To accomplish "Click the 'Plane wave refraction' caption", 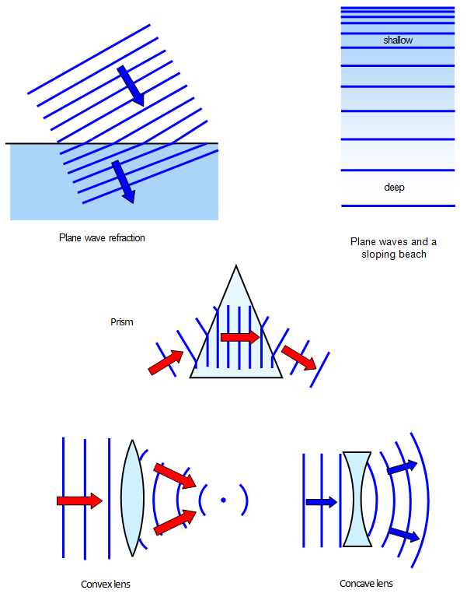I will click(102, 237).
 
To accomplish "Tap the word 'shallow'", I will click(398, 40).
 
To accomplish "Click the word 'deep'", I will click(395, 188).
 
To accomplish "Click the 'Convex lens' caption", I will click(111, 584).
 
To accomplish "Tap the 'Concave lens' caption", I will click(366, 584).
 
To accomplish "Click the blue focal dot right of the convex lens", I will click(223, 500).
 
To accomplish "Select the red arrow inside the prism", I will click(239, 337).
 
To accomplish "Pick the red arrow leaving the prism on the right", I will click(299, 358).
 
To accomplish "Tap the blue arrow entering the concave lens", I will click(321, 502).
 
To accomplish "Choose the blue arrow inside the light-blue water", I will click(123, 181).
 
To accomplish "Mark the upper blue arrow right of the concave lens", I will click(402, 467).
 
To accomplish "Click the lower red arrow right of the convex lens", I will click(175, 523).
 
